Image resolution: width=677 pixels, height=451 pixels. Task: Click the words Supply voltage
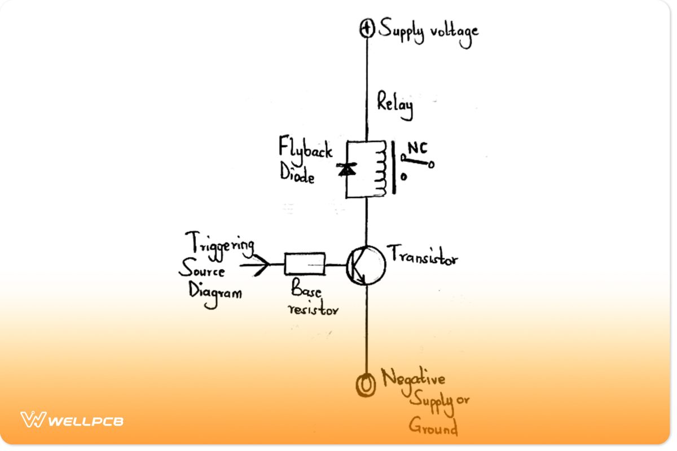[428, 30]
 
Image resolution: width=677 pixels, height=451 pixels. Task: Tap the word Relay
[395, 106]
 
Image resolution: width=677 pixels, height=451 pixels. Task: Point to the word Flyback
[305, 149]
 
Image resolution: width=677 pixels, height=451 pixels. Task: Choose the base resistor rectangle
[305, 264]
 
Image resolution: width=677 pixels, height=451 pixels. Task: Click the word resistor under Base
[313, 308]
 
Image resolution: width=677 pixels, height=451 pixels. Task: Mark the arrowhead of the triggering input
[260, 264]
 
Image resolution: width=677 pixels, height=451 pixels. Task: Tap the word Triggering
[219, 244]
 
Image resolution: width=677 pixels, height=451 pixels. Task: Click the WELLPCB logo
[72, 420]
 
